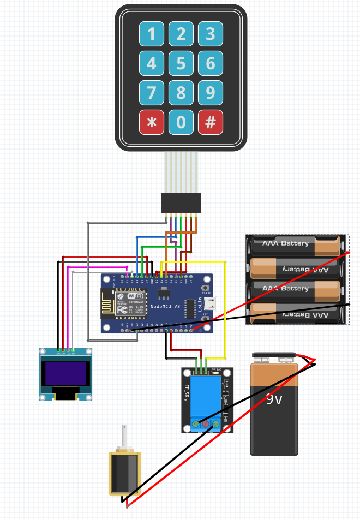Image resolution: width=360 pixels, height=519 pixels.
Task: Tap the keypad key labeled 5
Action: [x=181, y=64]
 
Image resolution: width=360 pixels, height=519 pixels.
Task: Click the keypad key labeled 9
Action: [x=210, y=93]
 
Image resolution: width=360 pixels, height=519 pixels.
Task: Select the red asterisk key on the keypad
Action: [x=151, y=123]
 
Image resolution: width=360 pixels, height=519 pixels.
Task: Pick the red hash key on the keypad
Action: [x=210, y=123]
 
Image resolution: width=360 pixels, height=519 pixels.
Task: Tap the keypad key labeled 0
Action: [x=181, y=123]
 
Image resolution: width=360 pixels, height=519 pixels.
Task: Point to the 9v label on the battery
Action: [x=274, y=399]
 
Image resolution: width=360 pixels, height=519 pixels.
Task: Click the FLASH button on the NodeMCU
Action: [x=206, y=288]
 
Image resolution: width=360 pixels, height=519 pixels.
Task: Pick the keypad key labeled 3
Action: [x=210, y=34]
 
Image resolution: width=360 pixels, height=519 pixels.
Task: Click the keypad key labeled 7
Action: [x=151, y=93]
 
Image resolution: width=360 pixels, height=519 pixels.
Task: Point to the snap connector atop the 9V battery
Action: [x=274, y=358]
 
